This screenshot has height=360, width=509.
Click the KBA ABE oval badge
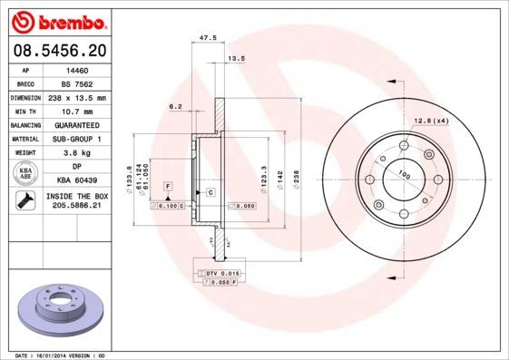coord(26,173)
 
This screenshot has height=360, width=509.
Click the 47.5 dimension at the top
coord(207,38)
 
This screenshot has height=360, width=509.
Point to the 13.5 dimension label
coord(236,58)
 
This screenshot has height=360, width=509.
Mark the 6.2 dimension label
coord(176,107)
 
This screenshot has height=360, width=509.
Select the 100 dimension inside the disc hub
coord(405,174)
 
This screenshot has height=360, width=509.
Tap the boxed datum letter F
coord(168,185)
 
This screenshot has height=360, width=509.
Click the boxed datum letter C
coord(210,193)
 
